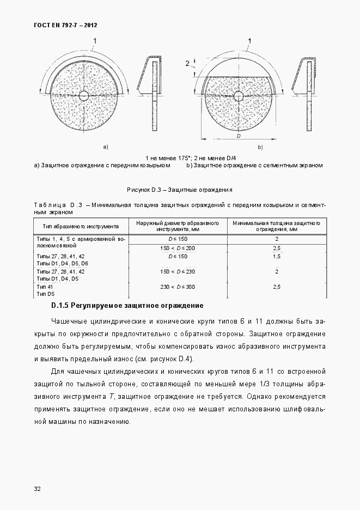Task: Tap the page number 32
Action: [37, 488]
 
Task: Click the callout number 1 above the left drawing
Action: [95, 40]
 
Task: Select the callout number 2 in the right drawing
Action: [187, 64]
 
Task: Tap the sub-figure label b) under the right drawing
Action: [260, 147]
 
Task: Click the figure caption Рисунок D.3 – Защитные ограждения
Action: [180, 190]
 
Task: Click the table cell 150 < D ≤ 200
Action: [178, 248]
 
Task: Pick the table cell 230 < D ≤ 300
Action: [178, 287]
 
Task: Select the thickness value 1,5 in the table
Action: [276, 256]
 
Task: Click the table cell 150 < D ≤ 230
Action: [178, 271]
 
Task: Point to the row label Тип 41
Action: [45, 287]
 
